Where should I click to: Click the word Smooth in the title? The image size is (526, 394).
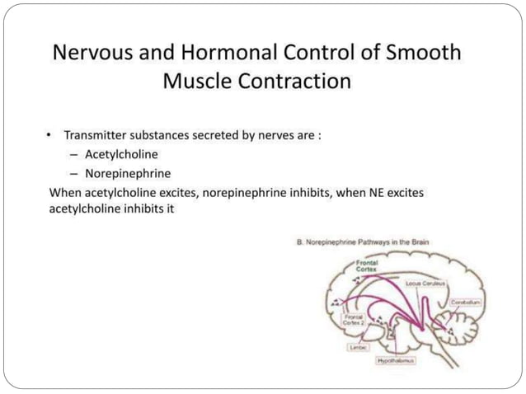pyautogui.click(x=420, y=53)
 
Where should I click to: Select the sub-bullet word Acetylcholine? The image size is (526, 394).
pyautogui.click(x=121, y=154)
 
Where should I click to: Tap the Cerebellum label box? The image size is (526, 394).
pyautogui.click(x=466, y=303)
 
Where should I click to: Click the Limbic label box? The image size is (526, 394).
pyautogui.click(x=357, y=348)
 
